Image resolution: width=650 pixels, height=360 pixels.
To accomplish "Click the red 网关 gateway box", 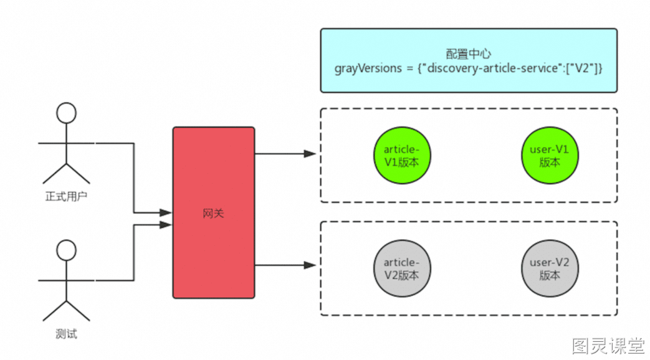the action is click(x=214, y=212).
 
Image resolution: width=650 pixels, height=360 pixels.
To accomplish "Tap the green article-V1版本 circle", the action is click(x=402, y=155).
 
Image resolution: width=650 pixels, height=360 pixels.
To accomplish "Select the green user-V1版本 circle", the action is click(x=549, y=155).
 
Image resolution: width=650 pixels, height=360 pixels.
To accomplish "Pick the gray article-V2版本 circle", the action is click(x=402, y=268).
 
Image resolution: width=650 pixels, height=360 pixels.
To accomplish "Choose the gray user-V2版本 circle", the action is click(x=549, y=268).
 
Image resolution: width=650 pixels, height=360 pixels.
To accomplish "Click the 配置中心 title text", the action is click(x=469, y=54).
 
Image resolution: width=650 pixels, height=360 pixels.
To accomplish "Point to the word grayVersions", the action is click(x=368, y=69).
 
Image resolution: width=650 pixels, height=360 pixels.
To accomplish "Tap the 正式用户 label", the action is click(x=66, y=196).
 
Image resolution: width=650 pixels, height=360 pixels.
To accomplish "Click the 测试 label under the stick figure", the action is click(x=66, y=334).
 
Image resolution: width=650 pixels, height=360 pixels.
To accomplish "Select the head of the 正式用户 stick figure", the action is click(x=66, y=113).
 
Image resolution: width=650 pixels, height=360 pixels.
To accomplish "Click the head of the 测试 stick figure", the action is click(x=66, y=250).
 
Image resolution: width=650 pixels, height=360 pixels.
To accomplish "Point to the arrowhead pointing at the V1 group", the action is click(x=310, y=154).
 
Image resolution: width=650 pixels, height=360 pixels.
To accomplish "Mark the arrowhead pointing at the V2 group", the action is click(x=310, y=265).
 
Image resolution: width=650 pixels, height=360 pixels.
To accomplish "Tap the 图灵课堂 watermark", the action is click(x=608, y=346).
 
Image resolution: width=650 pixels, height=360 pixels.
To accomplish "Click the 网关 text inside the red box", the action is click(x=214, y=214).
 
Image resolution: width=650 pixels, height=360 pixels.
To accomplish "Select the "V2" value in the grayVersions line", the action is click(x=583, y=67).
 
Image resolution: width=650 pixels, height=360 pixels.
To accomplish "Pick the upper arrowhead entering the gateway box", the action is click(x=166, y=212).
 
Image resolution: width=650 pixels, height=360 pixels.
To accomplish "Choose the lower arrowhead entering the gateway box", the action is click(x=166, y=225).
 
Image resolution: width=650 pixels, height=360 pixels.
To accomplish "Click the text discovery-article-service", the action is click(x=492, y=68).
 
